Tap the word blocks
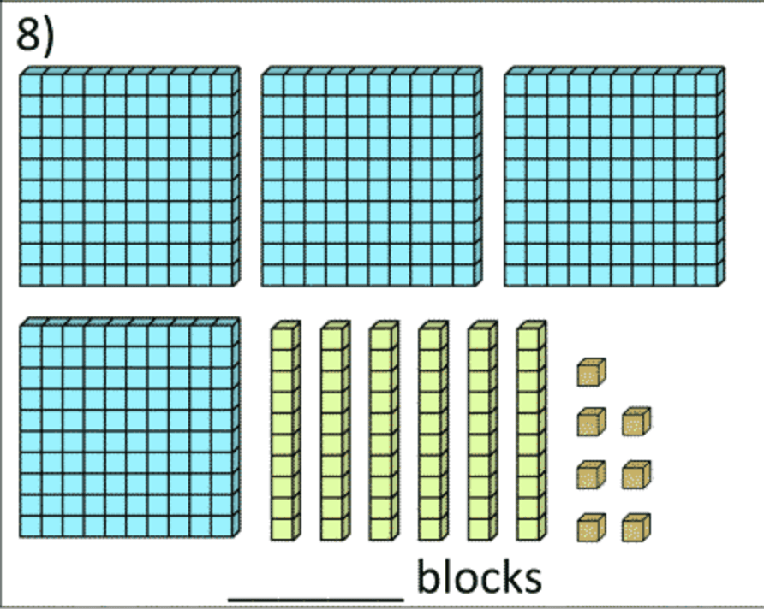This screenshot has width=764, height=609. [x=480, y=576]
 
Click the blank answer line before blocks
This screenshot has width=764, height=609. [x=316, y=600]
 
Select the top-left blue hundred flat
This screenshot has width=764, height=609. [x=129, y=176]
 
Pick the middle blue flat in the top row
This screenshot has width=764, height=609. [x=372, y=176]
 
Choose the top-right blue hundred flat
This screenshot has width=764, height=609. [x=614, y=176]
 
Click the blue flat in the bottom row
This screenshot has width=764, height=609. [x=129, y=428]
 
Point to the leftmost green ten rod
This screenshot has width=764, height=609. [x=285, y=430]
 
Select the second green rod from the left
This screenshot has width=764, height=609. [x=335, y=430]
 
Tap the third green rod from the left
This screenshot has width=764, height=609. [x=384, y=430]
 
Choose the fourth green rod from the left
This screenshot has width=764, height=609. [x=433, y=430]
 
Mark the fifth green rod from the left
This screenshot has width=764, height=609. [x=483, y=430]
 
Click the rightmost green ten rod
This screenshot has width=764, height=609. [x=532, y=430]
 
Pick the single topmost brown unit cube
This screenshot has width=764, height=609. [x=592, y=373]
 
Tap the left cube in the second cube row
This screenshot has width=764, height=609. [x=592, y=422]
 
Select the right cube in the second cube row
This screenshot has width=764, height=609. [x=636, y=422]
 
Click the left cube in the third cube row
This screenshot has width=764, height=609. [x=592, y=475]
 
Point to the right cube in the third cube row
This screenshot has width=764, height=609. [x=636, y=475]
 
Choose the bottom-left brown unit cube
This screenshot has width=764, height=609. [x=592, y=528]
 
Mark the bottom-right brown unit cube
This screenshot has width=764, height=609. [x=636, y=528]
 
